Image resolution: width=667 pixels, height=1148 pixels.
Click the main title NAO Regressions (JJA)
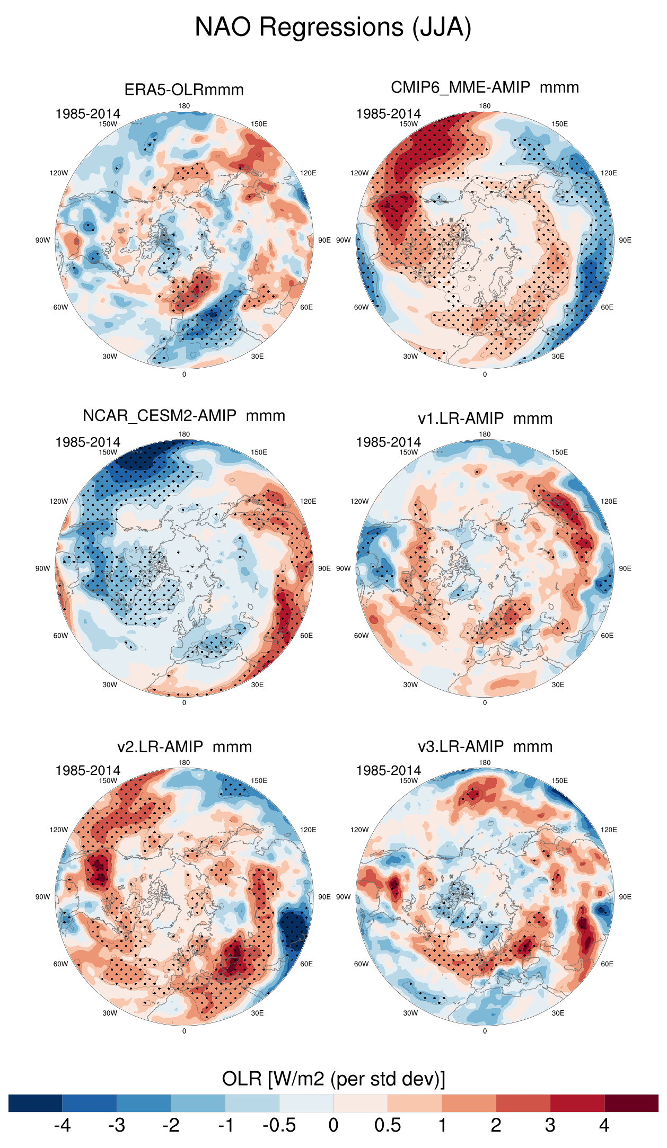tap(333, 27)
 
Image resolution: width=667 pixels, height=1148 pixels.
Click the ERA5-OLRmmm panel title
tap(184, 90)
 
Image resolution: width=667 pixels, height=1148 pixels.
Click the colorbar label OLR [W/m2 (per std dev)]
tap(333, 1079)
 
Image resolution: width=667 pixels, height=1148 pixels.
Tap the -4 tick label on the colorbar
tap(62, 1125)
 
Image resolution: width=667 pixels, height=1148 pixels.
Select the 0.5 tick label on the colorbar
tap(388, 1125)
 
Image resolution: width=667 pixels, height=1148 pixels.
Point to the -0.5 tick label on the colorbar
tap(279, 1125)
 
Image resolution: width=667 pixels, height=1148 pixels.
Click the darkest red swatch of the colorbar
tap(631, 1103)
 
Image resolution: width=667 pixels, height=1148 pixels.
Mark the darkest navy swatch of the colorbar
tap(36, 1103)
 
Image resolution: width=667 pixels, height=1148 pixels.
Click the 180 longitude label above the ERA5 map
tap(184, 106)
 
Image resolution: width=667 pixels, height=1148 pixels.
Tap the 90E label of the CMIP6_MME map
tap(625, 240)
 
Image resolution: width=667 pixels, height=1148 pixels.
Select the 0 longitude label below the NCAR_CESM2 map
tap(184, 702)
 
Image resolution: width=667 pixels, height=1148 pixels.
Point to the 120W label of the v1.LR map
tap(359, 501)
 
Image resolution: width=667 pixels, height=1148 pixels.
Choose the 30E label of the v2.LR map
tap(257, 1013)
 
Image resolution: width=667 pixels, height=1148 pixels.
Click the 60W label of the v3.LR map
tap(361, 964)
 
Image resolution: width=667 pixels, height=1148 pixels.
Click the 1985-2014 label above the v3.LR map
tap(388, 770)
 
